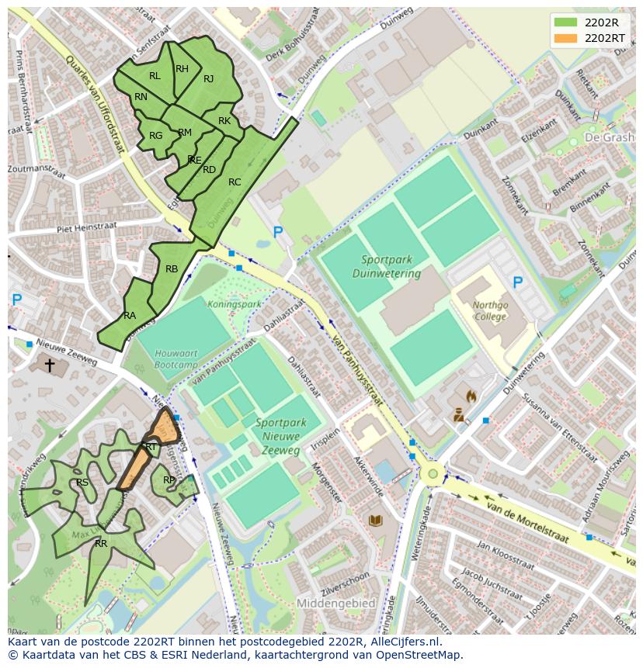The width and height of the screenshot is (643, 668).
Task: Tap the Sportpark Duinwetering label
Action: [x=386, y=267]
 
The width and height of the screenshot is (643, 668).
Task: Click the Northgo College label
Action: [x=491, y=310]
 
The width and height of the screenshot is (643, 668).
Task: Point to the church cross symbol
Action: [x=50, y=364]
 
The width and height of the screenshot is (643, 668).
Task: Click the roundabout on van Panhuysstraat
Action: [x=433, y=472]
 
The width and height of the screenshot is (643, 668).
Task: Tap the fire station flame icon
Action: [x=471, y=396]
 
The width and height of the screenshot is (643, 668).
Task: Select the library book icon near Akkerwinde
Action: [x=376, y=521]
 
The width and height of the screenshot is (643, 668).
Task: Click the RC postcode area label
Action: [x=235, y=182]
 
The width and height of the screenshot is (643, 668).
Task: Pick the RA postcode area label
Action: [x=130, y=316]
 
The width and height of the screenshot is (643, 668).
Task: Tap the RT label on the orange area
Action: [x=151, y=447]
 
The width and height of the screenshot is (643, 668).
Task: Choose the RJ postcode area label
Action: [x=209, y=79]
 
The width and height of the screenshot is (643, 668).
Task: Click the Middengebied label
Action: [x=335, y=603]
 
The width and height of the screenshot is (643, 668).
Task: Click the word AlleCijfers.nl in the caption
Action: [x=403, y=642]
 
